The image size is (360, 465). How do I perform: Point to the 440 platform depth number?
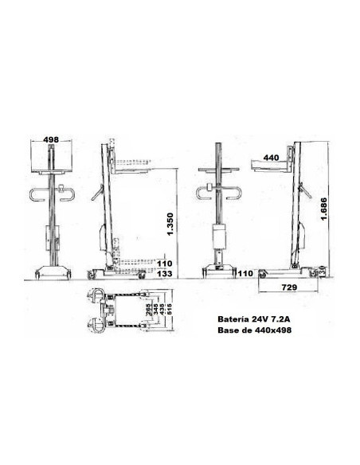click(271, 158)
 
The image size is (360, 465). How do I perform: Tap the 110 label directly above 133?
click(165, 262)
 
